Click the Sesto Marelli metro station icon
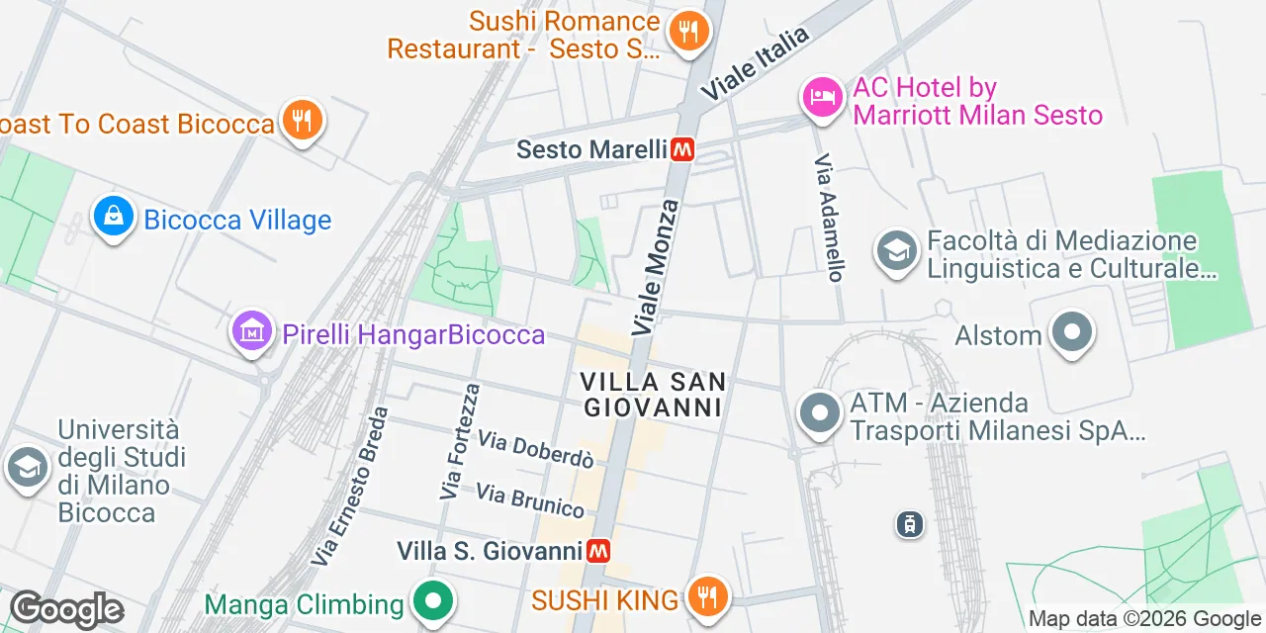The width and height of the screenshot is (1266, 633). pyautogui.click(x=682, y=150)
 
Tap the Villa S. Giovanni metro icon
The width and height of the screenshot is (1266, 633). pyautogui.click(x=597, y=551)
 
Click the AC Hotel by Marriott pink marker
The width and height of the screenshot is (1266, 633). pyautogui.click(x=821, y=97)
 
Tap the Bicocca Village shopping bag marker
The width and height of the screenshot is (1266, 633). pyautogui.click(x=113, y=218)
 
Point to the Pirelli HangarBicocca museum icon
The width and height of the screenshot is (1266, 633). pyautogui.click(x=251, y=333)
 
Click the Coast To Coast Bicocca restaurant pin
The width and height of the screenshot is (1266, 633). pyautogui.click(x=302, y=121)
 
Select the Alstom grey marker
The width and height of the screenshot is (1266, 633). pyautogui.click(x=1072, y=333)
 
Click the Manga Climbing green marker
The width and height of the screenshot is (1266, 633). pyautogui.click(x=432, y=601)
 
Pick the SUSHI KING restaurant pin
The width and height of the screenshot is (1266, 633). pyautogui.click(x=706, y=597)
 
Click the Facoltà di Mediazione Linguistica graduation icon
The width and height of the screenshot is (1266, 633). pyautogui.click(x=897, y=251)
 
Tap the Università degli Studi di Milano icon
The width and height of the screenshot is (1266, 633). pyautogui.click(x=27, y=469)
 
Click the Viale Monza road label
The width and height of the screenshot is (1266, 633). pyautogui.click(x=657, y=266)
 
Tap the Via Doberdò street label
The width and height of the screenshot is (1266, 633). pyautogui.click(x=535, y=449)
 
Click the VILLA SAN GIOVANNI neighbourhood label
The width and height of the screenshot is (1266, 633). pyautogui.click(x=653, y=394)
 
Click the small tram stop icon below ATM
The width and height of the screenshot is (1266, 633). pyautogui.click(x=908, y=524)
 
